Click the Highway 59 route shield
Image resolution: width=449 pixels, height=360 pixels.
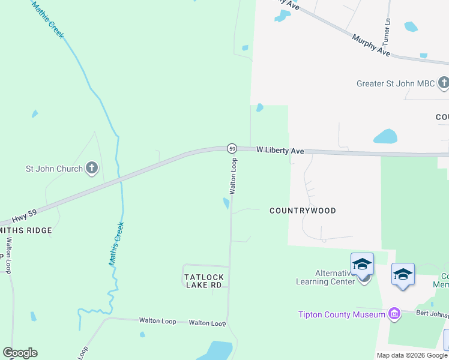[x=232, y=148]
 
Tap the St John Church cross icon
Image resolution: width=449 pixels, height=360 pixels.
[x=92, y=169]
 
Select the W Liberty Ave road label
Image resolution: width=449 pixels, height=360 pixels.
[x=280, y=151]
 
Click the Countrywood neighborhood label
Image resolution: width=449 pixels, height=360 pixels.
[x=303, y=211]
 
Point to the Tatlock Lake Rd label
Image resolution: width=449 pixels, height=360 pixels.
[x=203, y=281]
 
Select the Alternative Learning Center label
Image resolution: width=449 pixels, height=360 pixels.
[x=327, y=277]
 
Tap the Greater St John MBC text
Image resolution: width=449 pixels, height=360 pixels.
[x=396, y=83]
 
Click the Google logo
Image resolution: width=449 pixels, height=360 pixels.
[x=20, y=353]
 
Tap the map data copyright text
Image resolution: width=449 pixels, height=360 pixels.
[x=412, y=355]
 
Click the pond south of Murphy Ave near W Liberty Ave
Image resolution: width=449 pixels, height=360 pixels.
[x=385, y=137]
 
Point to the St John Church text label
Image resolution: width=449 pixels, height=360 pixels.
[x=53, y=169]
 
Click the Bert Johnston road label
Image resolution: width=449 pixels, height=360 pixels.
[x=430, y=313]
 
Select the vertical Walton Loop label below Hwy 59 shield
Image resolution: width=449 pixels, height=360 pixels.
[x=234, y=176]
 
